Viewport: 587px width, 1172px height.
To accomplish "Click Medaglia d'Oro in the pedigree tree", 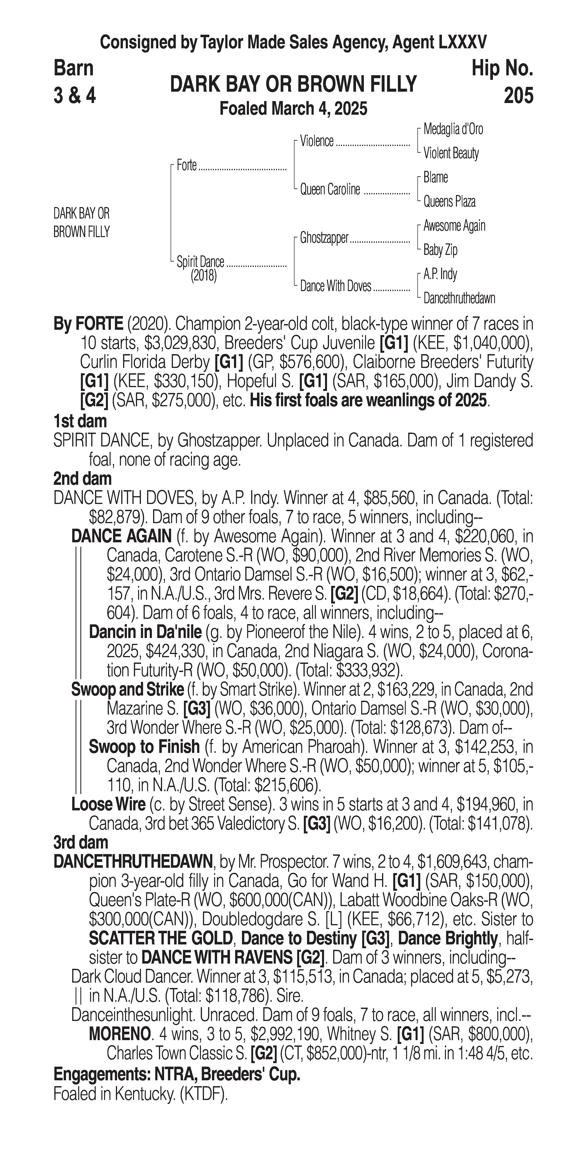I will pyautogui.click(x=453, y=129).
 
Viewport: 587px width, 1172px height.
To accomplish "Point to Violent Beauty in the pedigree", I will pyautogui.click(x=451, y=153).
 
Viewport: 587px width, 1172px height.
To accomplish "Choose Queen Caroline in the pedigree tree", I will pyautogui.click(x=330, y=189).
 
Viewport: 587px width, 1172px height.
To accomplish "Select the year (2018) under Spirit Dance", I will pyautogui.click(x=203, y=276).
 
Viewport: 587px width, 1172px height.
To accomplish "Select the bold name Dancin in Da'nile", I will pyautogui.click(x=145, y=632).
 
